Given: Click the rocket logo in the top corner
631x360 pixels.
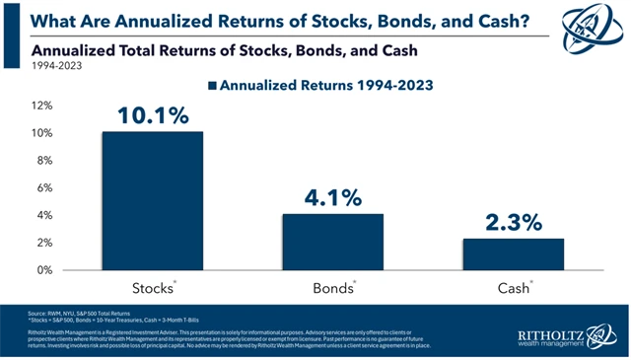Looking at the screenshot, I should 598,24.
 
